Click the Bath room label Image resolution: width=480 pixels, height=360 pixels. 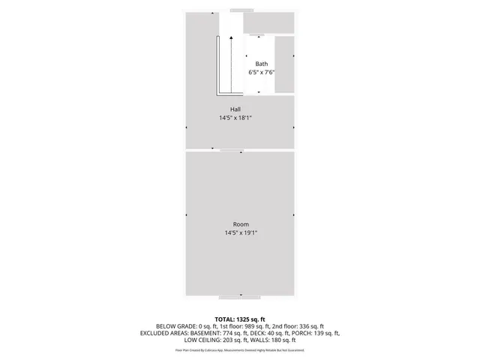261,64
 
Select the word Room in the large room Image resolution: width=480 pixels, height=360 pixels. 240,224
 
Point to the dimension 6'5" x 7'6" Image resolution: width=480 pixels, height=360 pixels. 261,73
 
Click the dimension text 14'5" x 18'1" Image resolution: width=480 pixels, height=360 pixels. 235,118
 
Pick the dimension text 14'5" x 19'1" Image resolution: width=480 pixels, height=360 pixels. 240,232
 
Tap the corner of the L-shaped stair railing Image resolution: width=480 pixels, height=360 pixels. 218,94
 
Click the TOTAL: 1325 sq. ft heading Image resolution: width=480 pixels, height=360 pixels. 240,319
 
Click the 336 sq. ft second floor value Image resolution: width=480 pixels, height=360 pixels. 310,326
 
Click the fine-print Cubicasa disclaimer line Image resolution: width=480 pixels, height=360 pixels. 240,349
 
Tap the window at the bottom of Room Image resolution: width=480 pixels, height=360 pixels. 241,295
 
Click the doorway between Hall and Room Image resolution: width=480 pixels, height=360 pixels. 232,150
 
